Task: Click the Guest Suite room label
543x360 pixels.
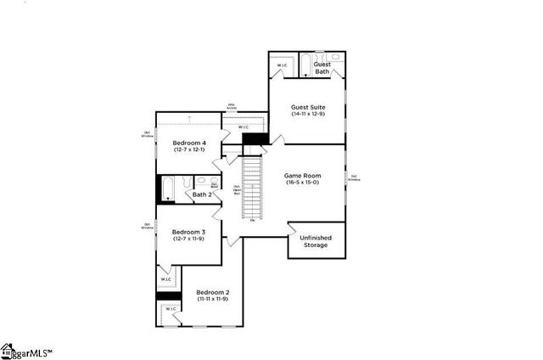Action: (308, 107)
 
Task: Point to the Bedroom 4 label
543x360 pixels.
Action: (189, 142)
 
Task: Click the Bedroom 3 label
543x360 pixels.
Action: (189, 232)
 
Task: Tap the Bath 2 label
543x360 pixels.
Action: (201, 194)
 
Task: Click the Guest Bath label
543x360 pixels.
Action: (322, 68)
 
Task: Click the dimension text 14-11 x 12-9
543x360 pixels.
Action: (308, 115)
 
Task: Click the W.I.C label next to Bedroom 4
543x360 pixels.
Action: (244, 127)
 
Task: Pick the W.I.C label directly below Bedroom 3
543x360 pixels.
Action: (166, 278)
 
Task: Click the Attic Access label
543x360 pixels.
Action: (232, 107)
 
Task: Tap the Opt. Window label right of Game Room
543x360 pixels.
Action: (354, 178)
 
